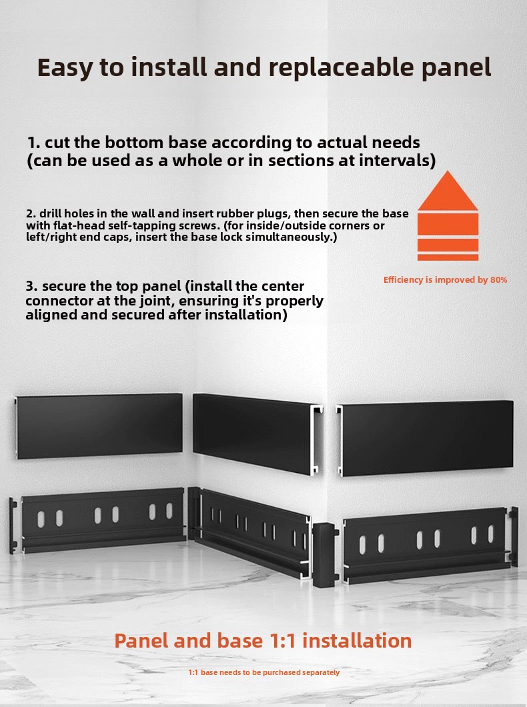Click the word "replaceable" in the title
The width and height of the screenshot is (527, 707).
click(342, 67)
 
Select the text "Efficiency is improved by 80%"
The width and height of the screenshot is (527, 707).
click(445, 279)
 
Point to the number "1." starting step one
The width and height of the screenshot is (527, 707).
click(34, 143)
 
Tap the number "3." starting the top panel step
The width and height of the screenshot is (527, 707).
click(31, 286)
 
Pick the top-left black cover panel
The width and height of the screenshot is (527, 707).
click(99, 426)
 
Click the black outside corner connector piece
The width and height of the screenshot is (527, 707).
click(325, 555)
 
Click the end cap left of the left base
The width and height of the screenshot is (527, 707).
click(13, 526)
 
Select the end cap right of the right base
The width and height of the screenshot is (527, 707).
click(514, 536)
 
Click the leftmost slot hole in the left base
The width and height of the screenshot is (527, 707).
click(41, 519)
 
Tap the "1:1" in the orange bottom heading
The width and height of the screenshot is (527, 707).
click(282, 641)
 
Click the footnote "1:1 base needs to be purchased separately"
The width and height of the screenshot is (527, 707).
click(263, 672)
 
